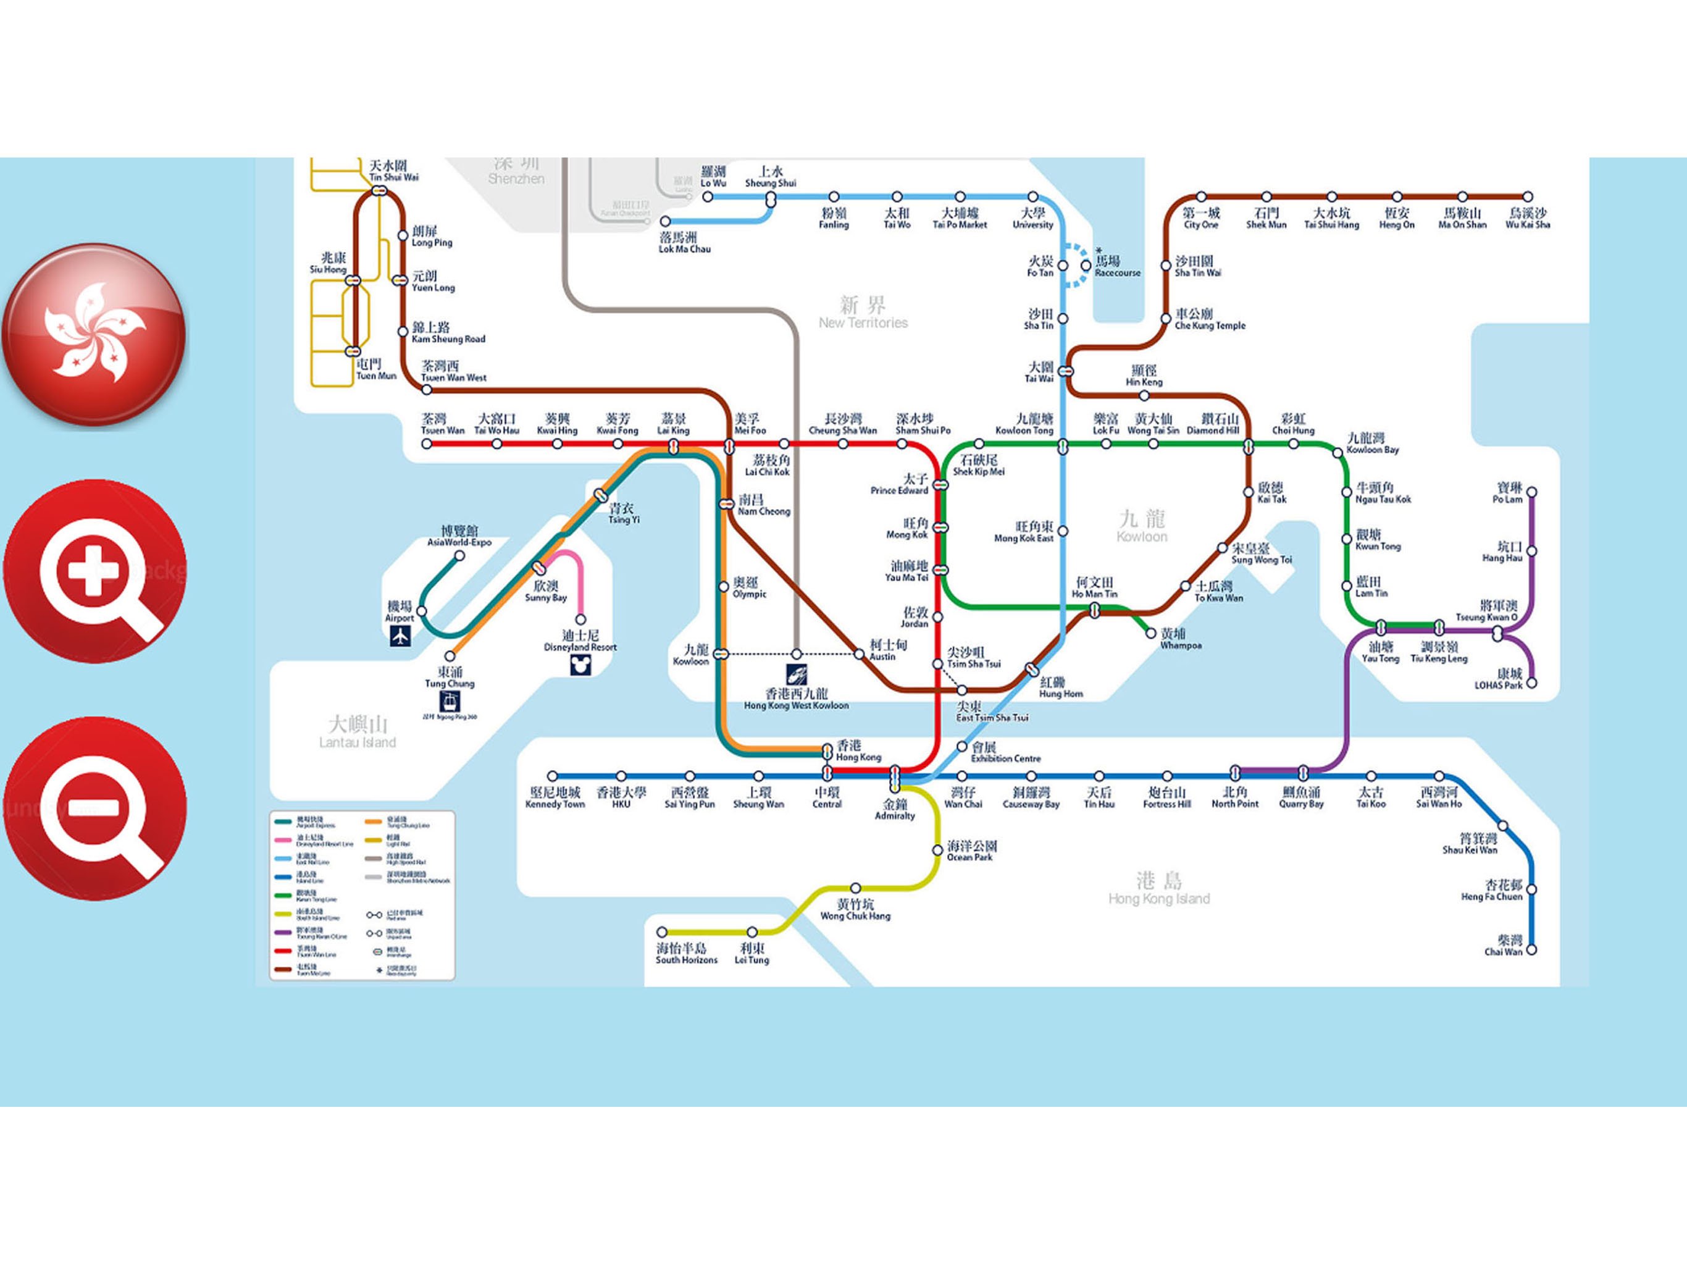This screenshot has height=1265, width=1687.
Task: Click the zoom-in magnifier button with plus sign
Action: pyautogui.click(x=94, y=571)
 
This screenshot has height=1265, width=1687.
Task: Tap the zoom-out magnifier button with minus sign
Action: pyautogui.click(x=94, y=808)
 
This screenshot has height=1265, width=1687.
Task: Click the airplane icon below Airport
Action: pyautogui.click(x=400, y=636)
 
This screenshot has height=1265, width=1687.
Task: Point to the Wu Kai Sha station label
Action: pyautogui.click(x=1528, y=218)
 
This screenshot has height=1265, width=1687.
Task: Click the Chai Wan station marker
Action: pyautogui.click(x=1531, y=950)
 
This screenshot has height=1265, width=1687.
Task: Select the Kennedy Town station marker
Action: pyautogui.click(x=553, y=776)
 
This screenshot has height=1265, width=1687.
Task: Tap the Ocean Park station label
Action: pyautogui.click(x=971, y=851)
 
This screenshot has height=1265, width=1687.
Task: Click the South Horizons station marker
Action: pyautogui.click(x=662, y=931)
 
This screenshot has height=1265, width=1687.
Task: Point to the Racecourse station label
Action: pyautogui.click(x=1116, y=266)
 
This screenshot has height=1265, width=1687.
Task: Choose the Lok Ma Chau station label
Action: pyautogui.click(x=684, y=243)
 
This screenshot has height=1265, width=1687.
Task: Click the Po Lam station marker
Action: pyautogui.click(x=1531, y=492)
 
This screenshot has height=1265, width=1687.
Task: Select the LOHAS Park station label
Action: pyautogui.click(x=1499, y=679)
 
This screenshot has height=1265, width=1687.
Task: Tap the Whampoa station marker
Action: pyautogui.click(x=1151, y=633)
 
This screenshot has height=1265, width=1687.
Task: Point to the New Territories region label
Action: pyautogui.click(x=863, y=313)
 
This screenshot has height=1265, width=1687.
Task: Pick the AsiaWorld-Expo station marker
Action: pyautogui.click(x=460, y=555)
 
